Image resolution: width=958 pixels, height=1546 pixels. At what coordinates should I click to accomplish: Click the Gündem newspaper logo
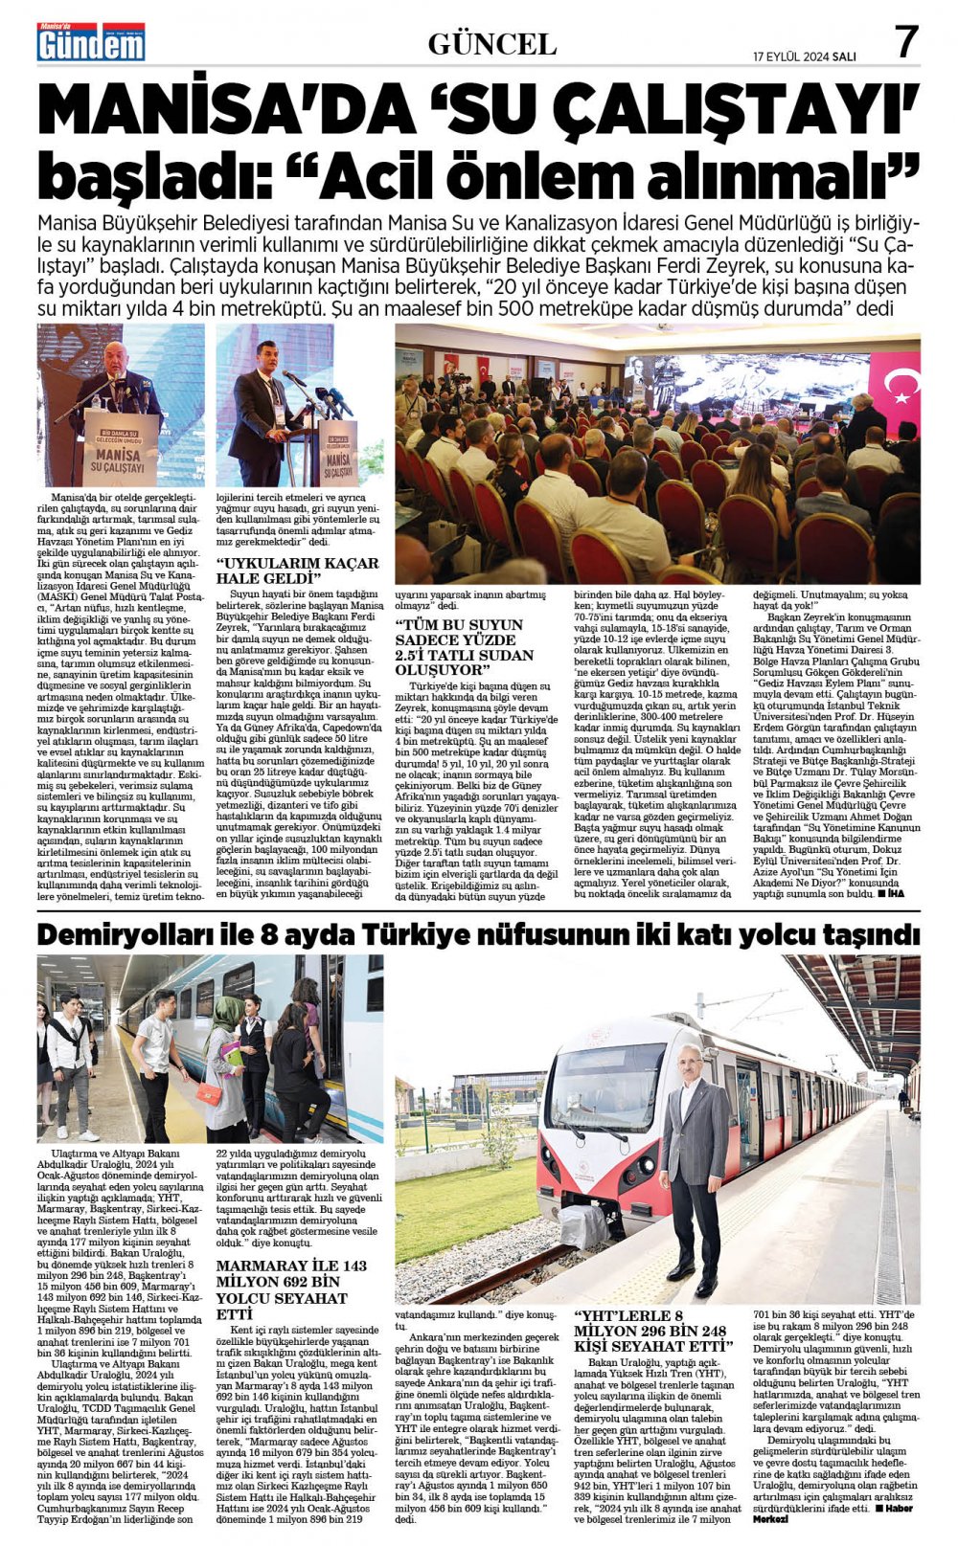(91, 42)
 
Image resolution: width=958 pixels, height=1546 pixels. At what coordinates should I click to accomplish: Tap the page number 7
(905, 42)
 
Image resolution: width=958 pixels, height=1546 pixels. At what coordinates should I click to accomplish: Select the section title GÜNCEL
(492, 43)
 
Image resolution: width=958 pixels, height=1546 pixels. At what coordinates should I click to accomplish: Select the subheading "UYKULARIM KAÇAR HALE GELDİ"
(297, 571)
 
